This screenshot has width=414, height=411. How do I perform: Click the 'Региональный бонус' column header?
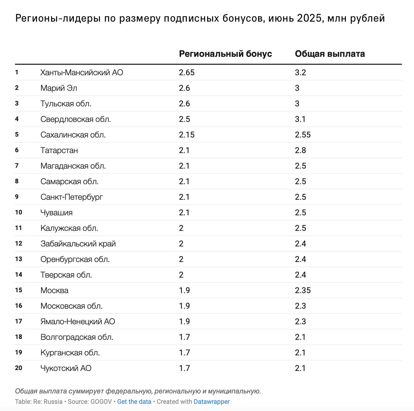225,54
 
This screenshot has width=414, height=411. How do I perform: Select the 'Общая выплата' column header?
330,54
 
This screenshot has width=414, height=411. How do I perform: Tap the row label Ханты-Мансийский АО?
82,73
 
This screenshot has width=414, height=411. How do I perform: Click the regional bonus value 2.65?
187,73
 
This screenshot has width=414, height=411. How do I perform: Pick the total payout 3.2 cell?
300,73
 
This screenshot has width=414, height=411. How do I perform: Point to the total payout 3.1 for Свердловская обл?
300,119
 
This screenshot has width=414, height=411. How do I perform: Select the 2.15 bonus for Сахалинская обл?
187,135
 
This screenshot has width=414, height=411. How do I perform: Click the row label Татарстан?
59,150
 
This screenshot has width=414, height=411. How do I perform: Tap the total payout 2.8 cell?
300,150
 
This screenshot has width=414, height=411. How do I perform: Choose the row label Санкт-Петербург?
71,197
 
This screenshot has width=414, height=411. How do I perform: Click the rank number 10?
18,212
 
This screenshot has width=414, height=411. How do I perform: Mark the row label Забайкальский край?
78,244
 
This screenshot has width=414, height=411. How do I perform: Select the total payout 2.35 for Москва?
303,290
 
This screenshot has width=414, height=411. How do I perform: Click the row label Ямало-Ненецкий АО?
78,321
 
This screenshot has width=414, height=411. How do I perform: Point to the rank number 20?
18,368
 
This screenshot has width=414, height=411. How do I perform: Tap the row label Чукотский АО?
66,368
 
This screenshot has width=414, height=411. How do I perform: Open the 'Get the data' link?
134,401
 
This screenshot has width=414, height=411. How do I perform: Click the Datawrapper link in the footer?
212,401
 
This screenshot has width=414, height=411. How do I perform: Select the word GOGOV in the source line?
101,401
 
